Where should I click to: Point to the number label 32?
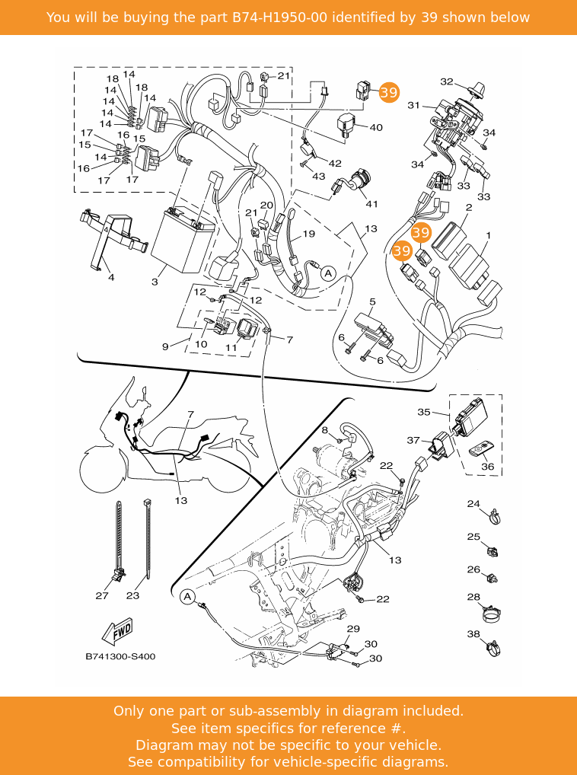pyautogui.click(x=447, y=82)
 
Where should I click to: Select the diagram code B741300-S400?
pyautogui.click(x=120, y=656)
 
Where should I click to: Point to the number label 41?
pyautogui.click(x=371, y=203)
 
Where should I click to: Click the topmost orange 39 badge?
pyautogui.click(x=388, y=93)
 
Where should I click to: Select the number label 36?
pyautogui.click(x=488, y=467)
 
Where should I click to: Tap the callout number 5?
pyautogui.click(x=372, y=302)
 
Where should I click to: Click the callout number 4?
pyautogui.click(x=111, y=278)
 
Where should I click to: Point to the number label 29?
pyautogui.click(x=353, y=629)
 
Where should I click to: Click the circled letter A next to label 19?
pyautogui.click(x=328, y=273)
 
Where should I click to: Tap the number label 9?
pyautogui.click(x=165, y=347)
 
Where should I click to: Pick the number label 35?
pyautogui.click(x=424, y=412)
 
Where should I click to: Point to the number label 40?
pyautogui.click(x=376, y=128)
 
